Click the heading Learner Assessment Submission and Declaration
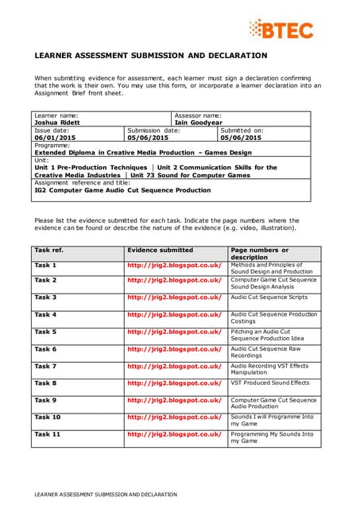pos(151,56)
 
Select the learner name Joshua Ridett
pos(56,122)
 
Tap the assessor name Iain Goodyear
pos(204,122)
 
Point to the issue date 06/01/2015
pos(55,138)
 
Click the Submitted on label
pos(242,130)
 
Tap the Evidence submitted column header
pos(160,250)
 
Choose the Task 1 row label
pos(45,265)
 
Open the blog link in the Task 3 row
pos(174,297)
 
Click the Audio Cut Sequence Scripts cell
pos(269,297)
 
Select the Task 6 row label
pos(45,349)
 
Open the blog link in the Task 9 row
pos(174,400)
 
